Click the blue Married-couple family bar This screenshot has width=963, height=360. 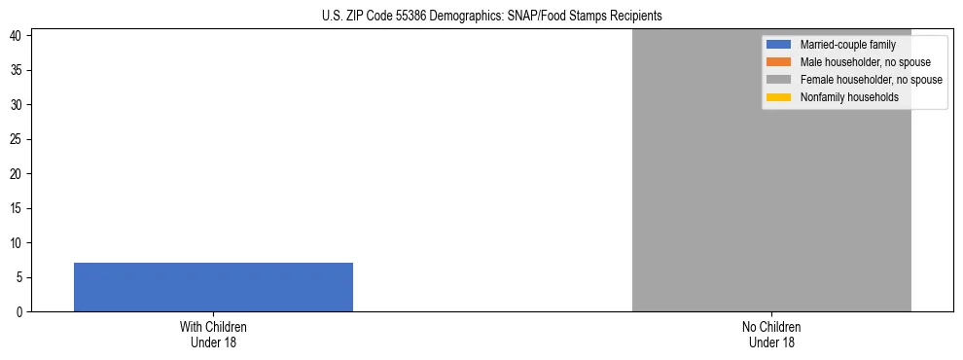click(x=213, y=287)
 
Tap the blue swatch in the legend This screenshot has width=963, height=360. click(x=778, y=45)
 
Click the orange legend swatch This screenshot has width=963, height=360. click(x=778, y=62)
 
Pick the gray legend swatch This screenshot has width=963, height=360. click(x=778, y=80)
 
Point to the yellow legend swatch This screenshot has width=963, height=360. click(x=778, y=97)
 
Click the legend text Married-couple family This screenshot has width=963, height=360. click(x=847, y=45)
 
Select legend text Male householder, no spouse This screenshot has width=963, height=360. click(x=866, y=62)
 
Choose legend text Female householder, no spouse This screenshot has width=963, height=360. click(x=871, y=80)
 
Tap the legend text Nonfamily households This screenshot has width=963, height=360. click(x=849, y=97)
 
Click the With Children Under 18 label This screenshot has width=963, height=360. click(x=213, y=334)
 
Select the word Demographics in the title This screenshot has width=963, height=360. click(x=463, y=16)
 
